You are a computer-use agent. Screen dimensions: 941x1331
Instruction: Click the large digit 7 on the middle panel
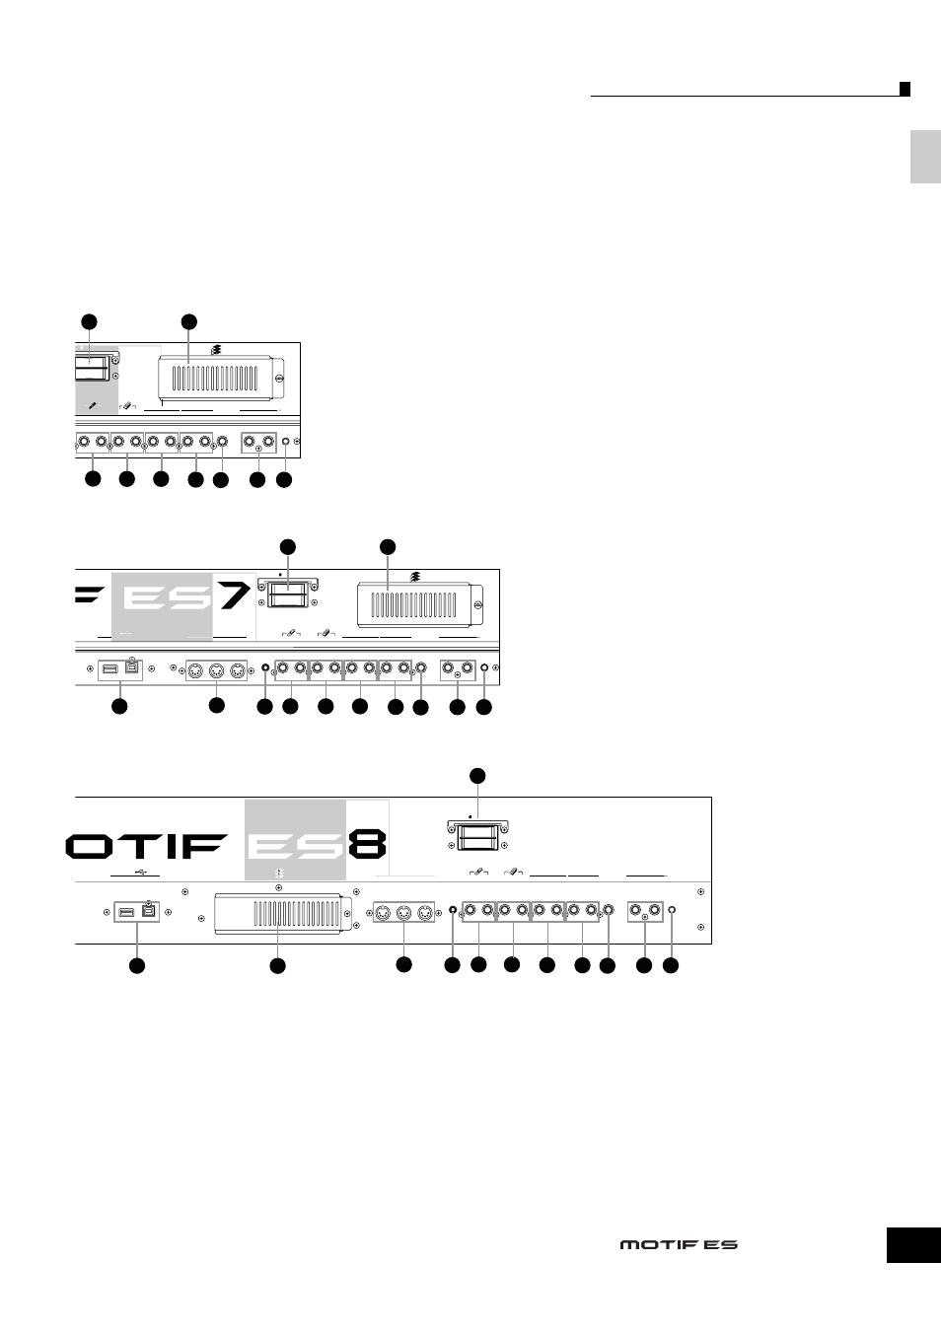click(x=235, y=592)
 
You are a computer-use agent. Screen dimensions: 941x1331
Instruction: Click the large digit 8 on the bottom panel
click(x=367, y=844)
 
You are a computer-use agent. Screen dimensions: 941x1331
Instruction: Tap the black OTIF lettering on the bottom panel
click(x=146, y=846)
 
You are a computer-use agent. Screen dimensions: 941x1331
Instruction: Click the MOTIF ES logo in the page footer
click(x=679, y=1244)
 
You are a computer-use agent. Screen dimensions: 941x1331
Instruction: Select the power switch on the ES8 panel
click(x=477, y=834)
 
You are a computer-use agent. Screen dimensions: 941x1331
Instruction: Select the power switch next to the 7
click(x=288, y=593)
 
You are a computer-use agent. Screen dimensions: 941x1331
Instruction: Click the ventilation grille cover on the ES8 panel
click(x=283, y=913)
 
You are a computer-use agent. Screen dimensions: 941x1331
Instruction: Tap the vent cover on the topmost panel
click(x=221, y=378)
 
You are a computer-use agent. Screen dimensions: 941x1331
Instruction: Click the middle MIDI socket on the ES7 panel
click(x=216, y=671)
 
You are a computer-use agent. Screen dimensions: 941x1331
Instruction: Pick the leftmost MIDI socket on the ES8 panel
click(x=384, y=912)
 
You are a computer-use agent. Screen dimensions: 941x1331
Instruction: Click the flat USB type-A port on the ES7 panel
click(x=110, y=669)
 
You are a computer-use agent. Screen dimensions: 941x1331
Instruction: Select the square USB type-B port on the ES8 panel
click(x=149, y=911)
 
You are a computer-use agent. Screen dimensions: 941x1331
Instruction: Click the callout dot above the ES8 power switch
click(x=477, y=776)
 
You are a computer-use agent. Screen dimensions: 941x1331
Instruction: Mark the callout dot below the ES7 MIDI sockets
click(x=216, y=705)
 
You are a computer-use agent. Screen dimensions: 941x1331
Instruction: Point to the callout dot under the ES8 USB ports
click(x=137, y=966)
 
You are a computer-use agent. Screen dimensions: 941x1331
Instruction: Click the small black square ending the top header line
click(x=905, y=89)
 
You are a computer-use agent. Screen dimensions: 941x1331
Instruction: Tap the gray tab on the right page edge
click(x=925, y=157)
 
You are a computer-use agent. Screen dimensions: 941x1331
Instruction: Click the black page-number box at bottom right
click(x=913, y=1245)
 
